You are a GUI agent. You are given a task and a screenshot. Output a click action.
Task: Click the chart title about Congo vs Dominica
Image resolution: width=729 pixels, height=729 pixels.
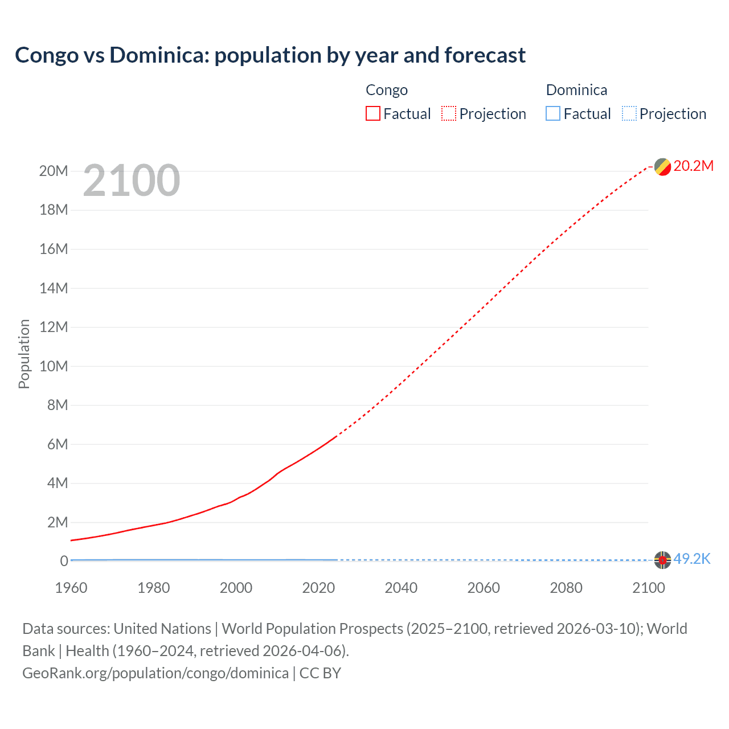(270, 55)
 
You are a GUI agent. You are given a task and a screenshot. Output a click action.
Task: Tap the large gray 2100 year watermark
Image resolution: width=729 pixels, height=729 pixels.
(132, 181)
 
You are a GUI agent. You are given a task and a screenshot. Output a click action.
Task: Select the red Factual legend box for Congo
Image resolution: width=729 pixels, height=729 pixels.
(372, 113)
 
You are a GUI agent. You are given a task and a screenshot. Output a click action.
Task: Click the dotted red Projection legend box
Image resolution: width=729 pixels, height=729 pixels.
(448, 113)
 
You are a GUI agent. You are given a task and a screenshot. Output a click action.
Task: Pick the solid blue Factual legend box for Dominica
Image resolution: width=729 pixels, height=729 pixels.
(552, 113)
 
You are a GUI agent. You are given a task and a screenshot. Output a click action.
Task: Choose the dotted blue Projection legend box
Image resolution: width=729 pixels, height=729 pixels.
(629, 113)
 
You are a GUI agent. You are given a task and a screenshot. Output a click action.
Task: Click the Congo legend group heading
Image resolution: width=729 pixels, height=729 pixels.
(387, 90)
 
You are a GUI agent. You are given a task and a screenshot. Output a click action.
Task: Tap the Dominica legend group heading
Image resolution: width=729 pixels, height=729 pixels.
(576, 90)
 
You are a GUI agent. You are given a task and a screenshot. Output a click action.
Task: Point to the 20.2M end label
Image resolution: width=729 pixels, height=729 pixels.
(693, 166)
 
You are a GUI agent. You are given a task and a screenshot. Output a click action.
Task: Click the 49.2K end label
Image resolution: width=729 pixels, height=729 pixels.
(691, 559)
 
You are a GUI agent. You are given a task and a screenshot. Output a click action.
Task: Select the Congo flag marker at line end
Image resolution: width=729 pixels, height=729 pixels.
(662, 167)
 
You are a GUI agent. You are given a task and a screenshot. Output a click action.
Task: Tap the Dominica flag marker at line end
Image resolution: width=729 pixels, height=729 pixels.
(662, 560)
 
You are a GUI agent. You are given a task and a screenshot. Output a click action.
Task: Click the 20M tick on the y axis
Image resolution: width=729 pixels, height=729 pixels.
(54, 171)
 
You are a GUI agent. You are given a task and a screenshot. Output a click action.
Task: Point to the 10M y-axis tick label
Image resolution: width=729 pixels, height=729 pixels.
(54, 366)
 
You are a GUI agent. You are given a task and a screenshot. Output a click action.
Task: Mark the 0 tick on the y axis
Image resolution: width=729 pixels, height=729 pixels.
(64, 561)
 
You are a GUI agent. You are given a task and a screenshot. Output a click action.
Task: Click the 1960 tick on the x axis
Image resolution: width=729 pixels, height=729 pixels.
(71, 588)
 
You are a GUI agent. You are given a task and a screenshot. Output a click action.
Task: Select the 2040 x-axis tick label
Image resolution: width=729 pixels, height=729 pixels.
(401, 588)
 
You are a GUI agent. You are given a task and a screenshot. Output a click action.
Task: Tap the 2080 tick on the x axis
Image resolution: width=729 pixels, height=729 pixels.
(566, 588)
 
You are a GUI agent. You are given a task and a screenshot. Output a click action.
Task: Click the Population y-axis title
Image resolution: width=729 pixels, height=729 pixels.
(24, 354)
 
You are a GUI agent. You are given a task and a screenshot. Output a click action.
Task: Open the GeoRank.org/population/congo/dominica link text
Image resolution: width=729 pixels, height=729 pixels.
(155, 673)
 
